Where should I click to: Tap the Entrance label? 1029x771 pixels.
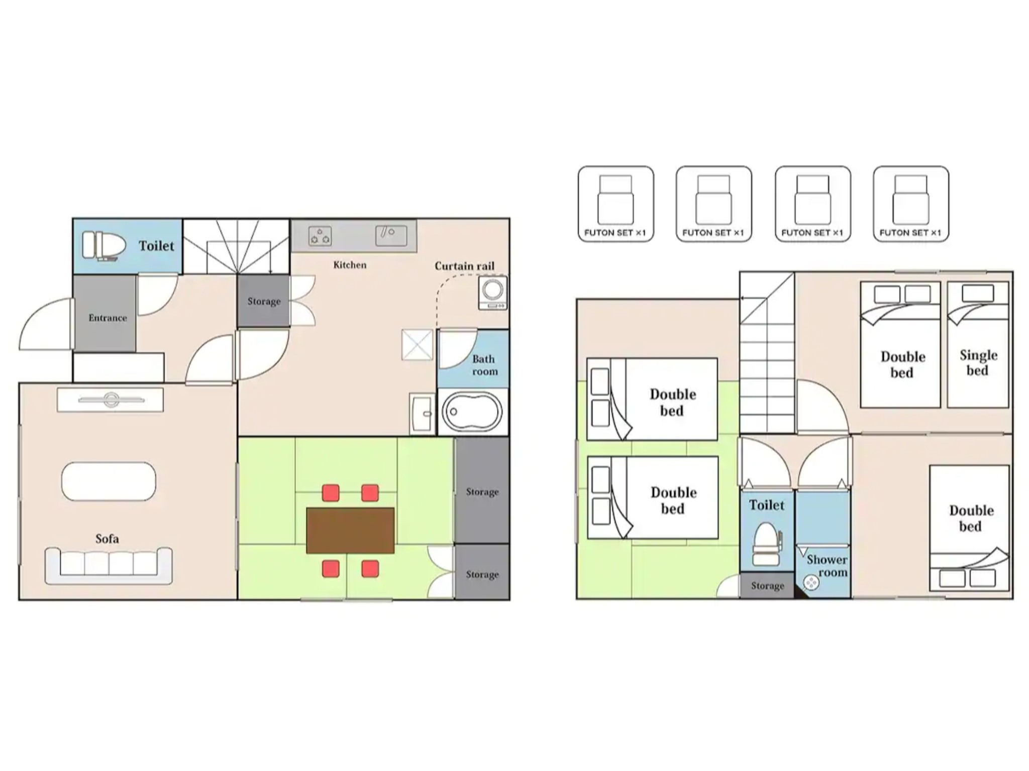[108, 318]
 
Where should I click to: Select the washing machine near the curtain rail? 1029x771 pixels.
[493, 293]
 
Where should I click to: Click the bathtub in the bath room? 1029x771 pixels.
[472, 412]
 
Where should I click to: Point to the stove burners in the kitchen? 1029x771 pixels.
[320, 236]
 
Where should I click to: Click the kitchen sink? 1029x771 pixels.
[391, 235]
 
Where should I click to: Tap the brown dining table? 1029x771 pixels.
[350, 531]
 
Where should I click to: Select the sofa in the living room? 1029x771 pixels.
[109, 566]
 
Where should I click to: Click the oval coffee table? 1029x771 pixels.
[109, 481]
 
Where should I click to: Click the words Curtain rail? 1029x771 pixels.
[464, 266]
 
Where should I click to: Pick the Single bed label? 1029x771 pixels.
[978, 363]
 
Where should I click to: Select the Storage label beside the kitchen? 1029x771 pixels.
[264, 301]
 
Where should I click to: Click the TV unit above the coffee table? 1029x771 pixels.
[110, 400]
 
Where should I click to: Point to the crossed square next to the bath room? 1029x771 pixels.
[417, 345]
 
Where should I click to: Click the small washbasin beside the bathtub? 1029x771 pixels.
[422, 414]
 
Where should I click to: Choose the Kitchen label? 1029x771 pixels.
[350, 265]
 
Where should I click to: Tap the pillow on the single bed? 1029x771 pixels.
[978, 294]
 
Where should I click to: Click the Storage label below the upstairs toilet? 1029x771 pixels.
[767, 586]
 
